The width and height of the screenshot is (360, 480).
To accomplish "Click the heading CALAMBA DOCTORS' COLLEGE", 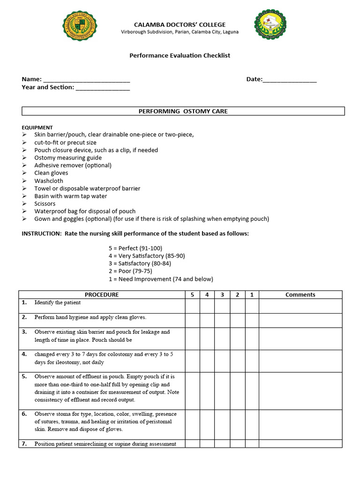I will pos(180,24).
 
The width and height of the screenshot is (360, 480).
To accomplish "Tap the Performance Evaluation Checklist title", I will pos(180,55).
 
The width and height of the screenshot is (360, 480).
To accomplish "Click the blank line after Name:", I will pos(86,80).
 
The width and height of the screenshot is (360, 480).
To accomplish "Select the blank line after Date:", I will pos(290,80).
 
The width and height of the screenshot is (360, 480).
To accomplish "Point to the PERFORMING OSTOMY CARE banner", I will pos(183,111).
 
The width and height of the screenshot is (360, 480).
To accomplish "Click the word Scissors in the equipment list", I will pos(45,203).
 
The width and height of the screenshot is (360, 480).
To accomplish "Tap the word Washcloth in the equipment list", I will pos(48,180).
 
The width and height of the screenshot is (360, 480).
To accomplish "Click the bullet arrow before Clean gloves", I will pos(24,173).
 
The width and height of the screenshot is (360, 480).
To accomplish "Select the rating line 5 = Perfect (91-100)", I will pos(135,248).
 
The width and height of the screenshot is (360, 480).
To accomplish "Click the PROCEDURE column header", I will pos(102,294).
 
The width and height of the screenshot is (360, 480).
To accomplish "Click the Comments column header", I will pos(300,294).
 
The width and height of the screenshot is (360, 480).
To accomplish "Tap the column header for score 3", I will pos(222,294).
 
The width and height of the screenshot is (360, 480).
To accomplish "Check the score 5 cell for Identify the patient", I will pos(192,306).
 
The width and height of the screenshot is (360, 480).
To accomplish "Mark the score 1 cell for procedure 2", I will pos(252,320).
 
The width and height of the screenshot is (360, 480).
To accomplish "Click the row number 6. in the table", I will pos(24,414).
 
